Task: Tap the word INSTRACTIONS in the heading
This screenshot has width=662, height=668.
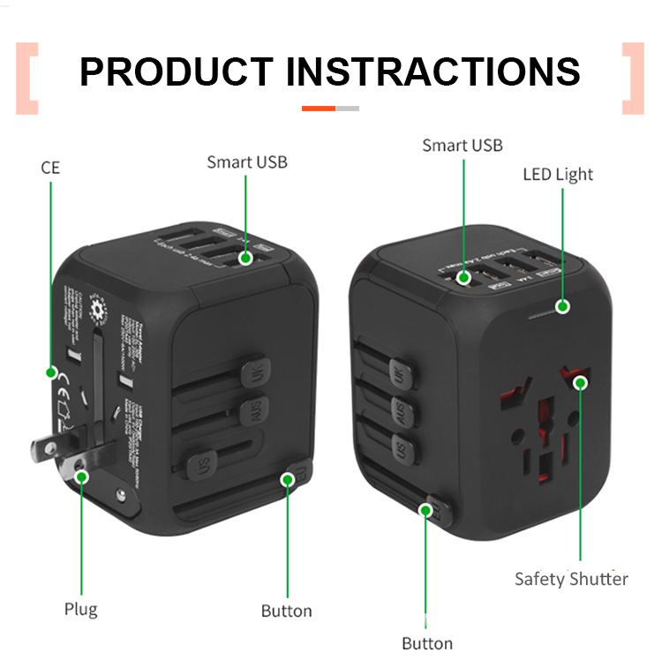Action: point(433,71)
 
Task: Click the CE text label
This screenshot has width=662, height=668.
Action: point(50,167)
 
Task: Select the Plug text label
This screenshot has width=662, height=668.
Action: point(80,609)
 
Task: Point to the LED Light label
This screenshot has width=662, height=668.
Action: point(558,174)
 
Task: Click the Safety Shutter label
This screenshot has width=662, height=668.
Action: point(571,579)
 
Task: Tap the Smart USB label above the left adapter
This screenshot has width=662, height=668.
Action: point(247,161)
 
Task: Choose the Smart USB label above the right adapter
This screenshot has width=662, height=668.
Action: point(462,145)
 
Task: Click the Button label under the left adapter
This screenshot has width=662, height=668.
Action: point(286,611)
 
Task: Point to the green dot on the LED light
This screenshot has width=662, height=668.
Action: point(561,307)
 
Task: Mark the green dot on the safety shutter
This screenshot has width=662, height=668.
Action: point(580,382)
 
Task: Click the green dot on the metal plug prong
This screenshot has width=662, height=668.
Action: point(81,477)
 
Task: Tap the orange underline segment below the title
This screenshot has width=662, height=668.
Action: point(319,108)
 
